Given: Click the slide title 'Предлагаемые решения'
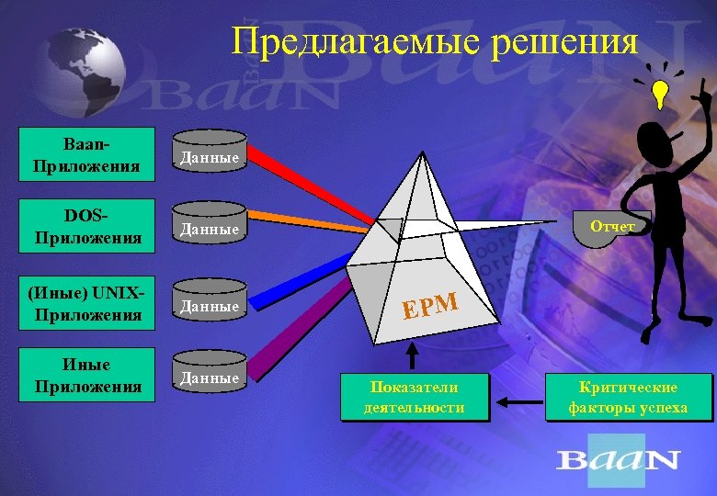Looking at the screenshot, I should pyautogui.click(x=434, y=41).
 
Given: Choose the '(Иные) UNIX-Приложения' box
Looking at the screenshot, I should pyautogui.click(x=87, y=304).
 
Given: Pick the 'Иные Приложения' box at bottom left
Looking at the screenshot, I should pyautogui.click(x=87, y=376).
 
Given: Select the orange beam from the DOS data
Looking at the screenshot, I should pyautogui.click(x=313, y=218).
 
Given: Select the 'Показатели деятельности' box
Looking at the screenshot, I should pyautogui.click(x=414, y=398).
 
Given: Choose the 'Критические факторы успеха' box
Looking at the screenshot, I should pyautogui.click(x=628, y=398).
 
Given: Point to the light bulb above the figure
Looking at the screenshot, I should pyautogui.click(x=660, y=91).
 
